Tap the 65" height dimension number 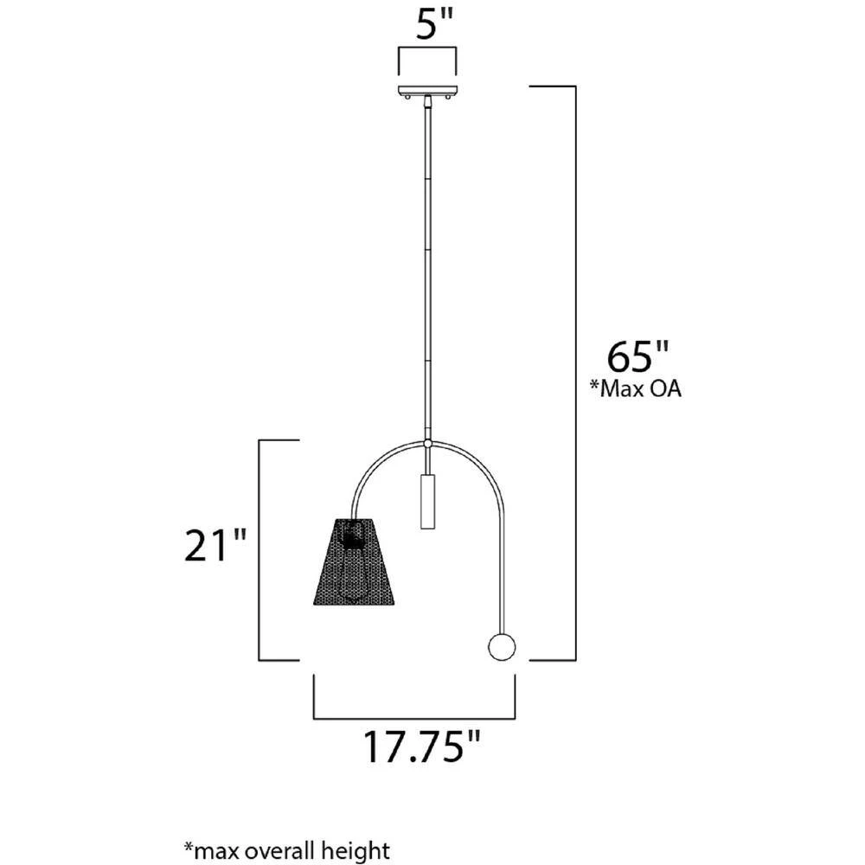click(638, 356)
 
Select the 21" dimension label click(214, 546)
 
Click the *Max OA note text click(636, 388)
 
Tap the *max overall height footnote click(287, 850)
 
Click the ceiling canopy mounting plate click(428, 90)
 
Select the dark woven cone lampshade click(354, 561)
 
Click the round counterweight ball click(502, 646)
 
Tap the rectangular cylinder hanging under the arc click(427, 501)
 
